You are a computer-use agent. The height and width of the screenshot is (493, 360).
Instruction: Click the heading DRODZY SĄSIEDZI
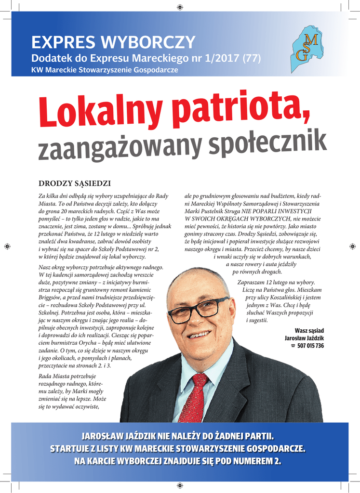pos(75,183)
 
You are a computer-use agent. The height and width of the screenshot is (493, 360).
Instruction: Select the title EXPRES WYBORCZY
pos(113,43)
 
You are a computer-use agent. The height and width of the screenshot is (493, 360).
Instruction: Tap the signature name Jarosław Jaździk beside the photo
pos(304,338)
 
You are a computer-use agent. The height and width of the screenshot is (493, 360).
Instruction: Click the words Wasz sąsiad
pos(309,331)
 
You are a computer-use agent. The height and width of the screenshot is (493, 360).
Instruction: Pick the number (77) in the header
pos(251,59)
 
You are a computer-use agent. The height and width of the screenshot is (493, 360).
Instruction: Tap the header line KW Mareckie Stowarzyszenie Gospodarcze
pos(105,70)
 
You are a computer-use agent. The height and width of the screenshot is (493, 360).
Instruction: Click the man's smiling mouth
pos(200,333)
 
